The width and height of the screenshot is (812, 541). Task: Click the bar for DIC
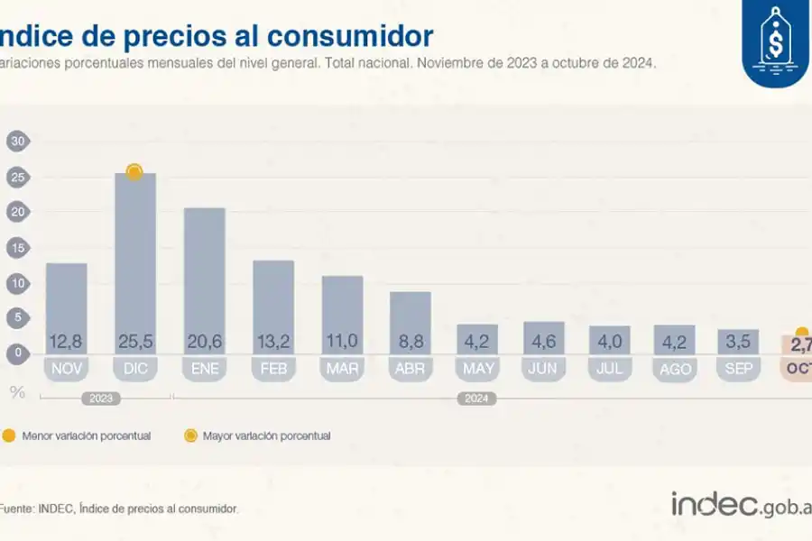point(134,261)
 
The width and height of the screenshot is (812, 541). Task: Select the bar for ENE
point(204,280)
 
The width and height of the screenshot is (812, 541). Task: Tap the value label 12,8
point(66,342)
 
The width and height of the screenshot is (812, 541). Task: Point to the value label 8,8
point(410,342)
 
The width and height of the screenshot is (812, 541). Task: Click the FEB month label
point(272,369)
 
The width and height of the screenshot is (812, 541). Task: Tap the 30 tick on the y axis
point(17,141)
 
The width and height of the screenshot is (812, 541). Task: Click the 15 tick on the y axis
point(17,247)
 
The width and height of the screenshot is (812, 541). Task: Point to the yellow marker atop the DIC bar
point(134,171)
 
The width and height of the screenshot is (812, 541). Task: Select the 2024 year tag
point(475,398)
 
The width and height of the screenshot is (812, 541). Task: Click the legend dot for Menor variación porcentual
point(9,436)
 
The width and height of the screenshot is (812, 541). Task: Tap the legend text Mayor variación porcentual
point(266,436)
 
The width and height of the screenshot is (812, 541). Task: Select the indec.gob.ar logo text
point(740,505)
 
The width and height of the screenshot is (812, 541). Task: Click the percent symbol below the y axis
point(17,391)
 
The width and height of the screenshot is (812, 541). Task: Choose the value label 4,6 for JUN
point(544,342)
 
